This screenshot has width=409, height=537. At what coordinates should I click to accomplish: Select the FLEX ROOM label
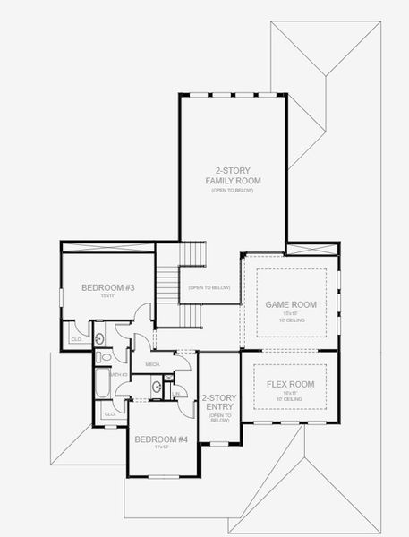click(291, 384)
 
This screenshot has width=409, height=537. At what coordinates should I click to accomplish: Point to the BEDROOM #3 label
click(107, 287)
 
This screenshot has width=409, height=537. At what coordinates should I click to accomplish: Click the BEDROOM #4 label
click(160, 439)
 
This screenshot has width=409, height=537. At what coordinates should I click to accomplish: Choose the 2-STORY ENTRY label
click(219, 402)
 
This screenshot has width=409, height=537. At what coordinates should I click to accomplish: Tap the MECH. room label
click(152, 365)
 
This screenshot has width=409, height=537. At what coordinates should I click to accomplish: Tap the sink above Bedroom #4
click(157, 387)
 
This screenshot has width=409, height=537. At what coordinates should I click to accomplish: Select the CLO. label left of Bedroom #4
click(109, 413)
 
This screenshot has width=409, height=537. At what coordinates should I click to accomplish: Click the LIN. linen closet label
click(180, 393)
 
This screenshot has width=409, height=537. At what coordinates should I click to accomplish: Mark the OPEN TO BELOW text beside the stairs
click(209, 287)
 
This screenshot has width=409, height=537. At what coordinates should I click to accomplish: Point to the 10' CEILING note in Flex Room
click(291, 399)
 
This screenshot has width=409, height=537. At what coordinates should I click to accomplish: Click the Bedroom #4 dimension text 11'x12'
click(160, 447)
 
